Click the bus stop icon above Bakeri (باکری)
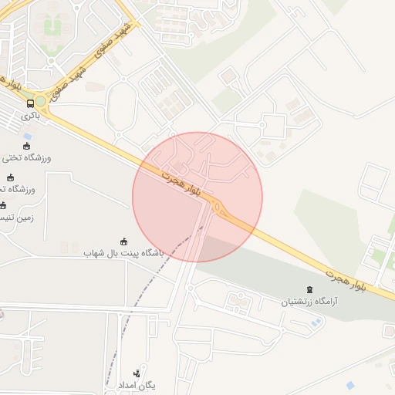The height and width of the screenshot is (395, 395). pos(31,103)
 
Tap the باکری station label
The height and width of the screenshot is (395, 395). pos(30,116)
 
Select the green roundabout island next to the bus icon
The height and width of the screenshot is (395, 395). pos(41,102)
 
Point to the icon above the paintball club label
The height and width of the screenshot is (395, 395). pos(123,240)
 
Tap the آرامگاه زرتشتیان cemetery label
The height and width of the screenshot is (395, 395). pos(309,301)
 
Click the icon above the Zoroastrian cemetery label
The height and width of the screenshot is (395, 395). pos(309,289)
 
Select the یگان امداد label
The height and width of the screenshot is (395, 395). pos(137,384)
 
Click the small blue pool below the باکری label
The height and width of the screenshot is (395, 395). pos(29,137)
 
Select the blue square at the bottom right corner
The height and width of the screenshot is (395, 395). pos(351,384)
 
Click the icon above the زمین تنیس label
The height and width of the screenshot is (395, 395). pos(3,205)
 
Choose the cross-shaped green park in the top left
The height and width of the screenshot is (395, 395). pos(52,27)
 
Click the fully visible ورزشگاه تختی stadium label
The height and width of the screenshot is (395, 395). pos(27,158)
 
